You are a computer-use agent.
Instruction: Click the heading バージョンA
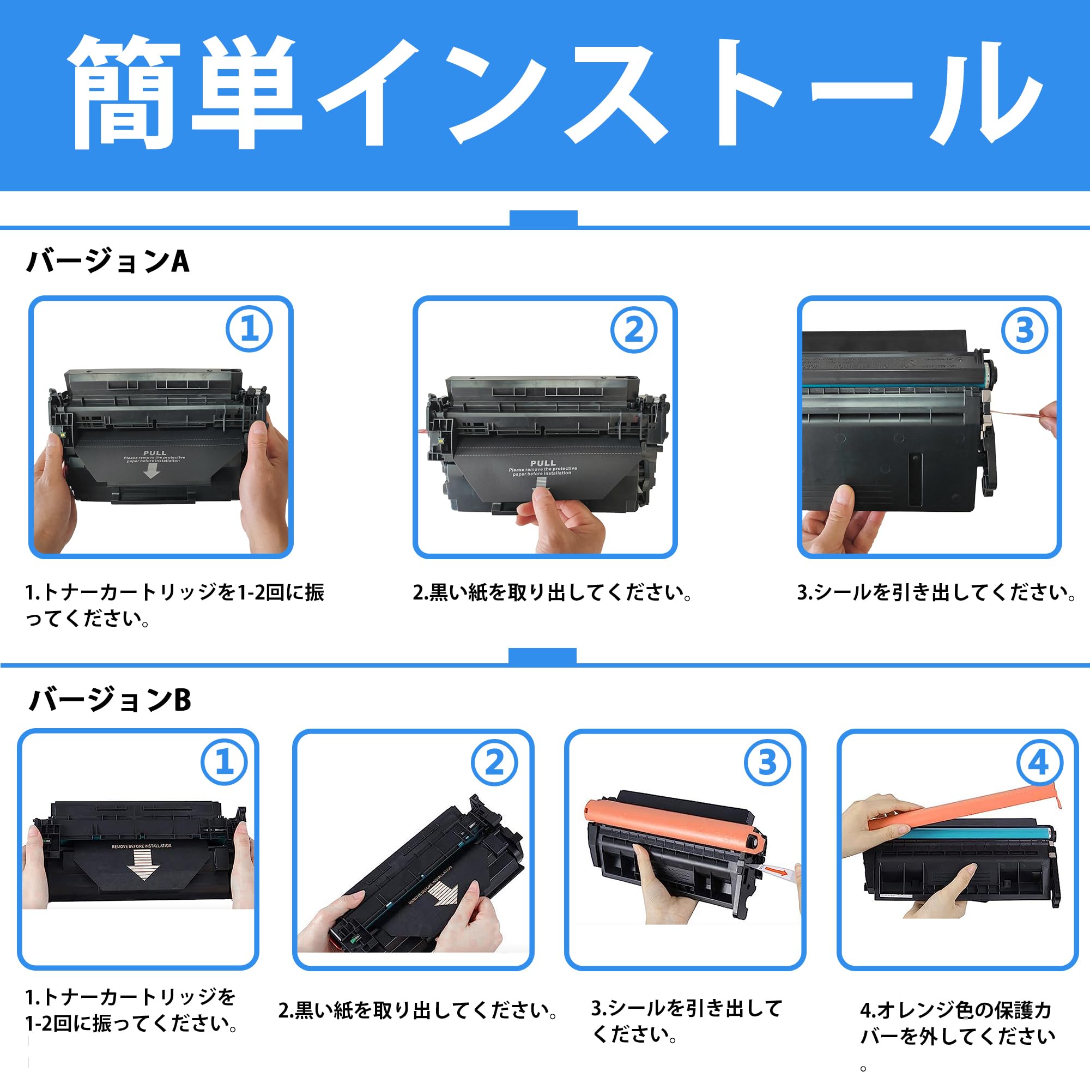pos(108,261)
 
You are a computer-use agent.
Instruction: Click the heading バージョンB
pos(110,700)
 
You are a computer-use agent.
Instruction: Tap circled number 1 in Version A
pos(249,329)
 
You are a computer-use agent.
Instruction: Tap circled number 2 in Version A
pos(634,330)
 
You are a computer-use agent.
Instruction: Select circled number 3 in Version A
pos(1024,330)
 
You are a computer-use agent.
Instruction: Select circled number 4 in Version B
pos(1039,763)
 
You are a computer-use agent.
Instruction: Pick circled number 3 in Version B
pos(767,763)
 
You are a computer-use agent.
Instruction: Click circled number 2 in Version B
pos(494,763)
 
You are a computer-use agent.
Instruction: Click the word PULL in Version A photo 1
pos(155,453)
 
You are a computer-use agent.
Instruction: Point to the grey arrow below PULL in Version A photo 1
pos(151,471)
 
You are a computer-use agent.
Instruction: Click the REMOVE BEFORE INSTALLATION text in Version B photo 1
pos(141,846)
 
